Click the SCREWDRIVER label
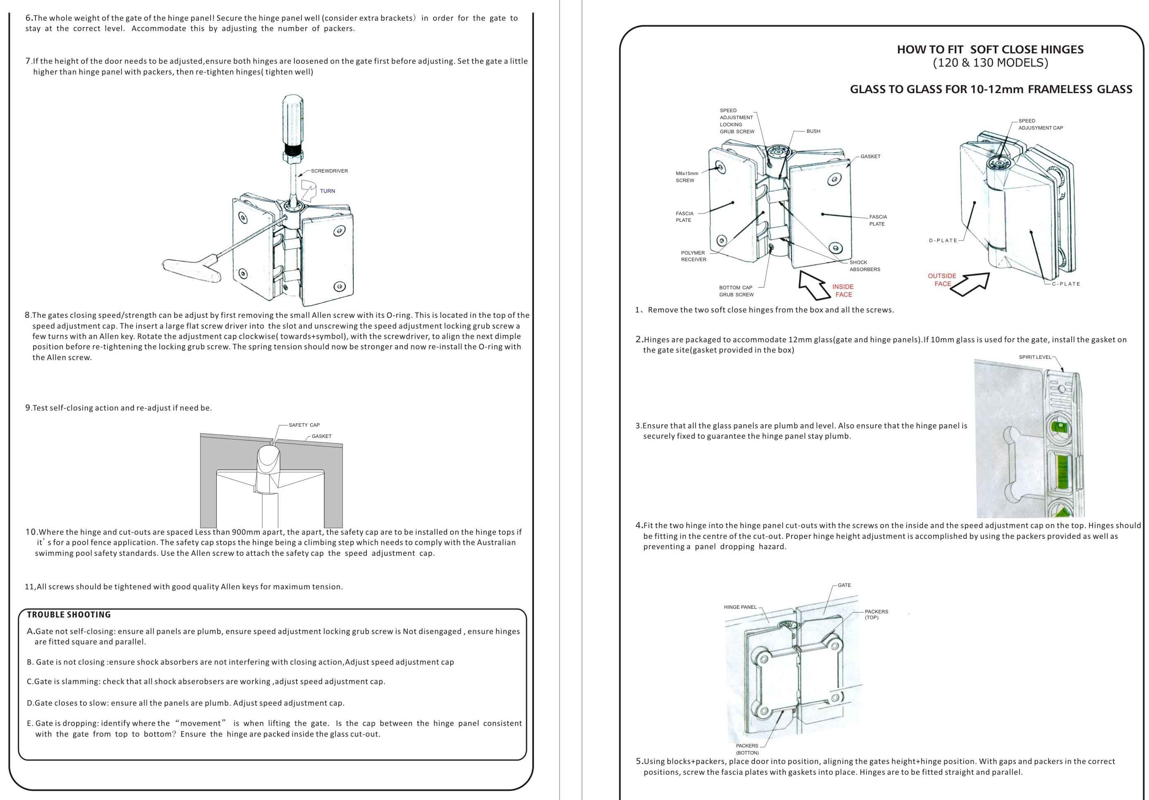point(329,171)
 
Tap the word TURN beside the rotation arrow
point(327,191)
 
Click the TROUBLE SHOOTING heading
point(69,615)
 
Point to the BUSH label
point(813,131)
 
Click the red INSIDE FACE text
point(843,291)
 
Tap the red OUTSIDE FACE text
point(942,280)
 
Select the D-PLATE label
point(943,240)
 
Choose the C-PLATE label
point(1066,284)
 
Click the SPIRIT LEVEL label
point(1035,357)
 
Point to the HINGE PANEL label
point(740,607)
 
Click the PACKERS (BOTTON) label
point(747,749)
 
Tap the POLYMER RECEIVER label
point(693,256)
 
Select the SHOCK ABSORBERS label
point(865,266)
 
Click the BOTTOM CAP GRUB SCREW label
point(736,291)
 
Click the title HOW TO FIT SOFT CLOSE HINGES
point(990,50)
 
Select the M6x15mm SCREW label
point(687,177)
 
